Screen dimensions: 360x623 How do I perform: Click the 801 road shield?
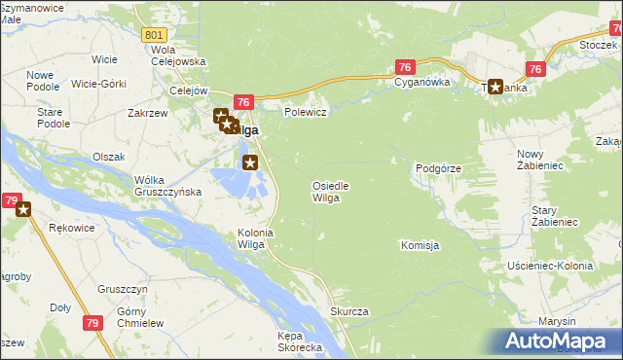tap(152, 35)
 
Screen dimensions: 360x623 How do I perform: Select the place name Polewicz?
tap(304, 113)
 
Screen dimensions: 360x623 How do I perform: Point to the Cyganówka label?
tap(422, 83)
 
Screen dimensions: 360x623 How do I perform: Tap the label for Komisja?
tap(420, 245)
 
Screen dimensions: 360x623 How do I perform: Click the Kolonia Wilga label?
tap(251, 238)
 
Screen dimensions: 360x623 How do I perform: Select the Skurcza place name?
tap(348, 311)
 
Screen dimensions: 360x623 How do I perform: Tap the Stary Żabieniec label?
tap(555, 216)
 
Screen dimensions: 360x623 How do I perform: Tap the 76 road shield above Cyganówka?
tap(406, 66)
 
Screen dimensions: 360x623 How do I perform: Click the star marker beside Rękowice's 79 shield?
tap(23, 208)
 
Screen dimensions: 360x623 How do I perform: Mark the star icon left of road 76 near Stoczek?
tap(495, 87)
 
